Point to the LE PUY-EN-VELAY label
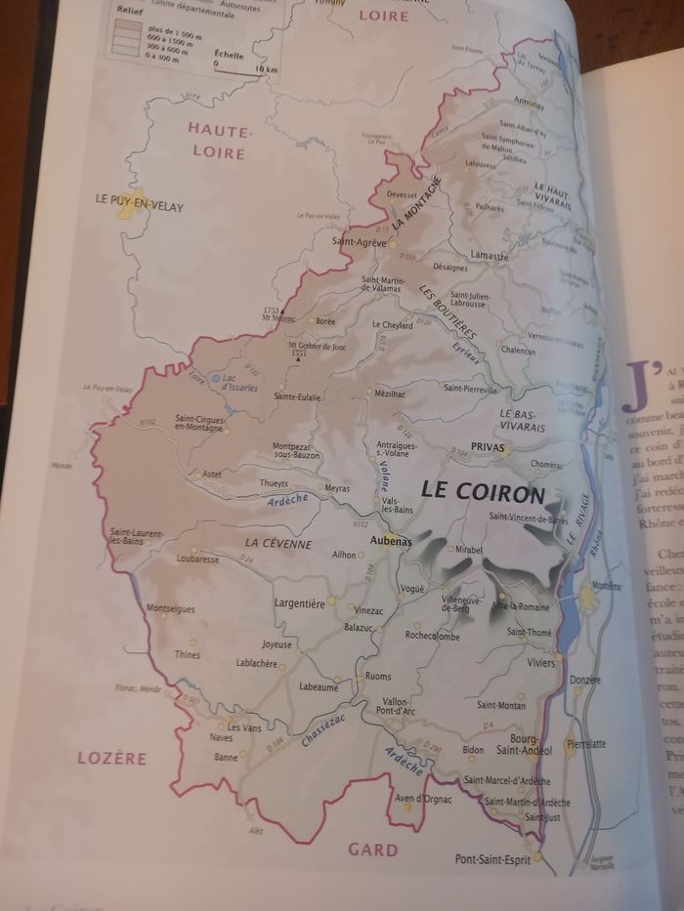(139, 206)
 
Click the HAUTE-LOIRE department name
(220, 140)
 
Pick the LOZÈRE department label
(112, 758)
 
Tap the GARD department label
(373, 849)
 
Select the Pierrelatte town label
(586, 743)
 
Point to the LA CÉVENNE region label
(278, 543)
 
